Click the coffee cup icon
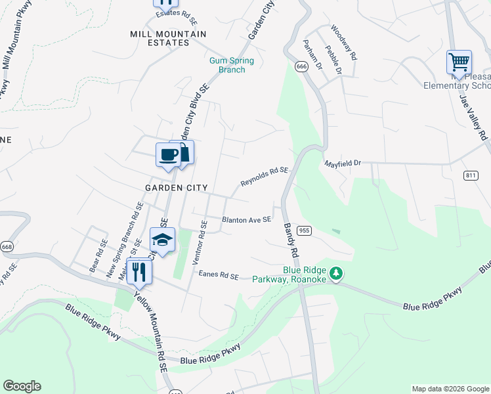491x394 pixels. click(x=169, y=155)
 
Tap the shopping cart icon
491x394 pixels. click(x=459, y=62)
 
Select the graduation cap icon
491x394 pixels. click(x=162, y=240)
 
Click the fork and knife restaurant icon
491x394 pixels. click(x=139, y=271)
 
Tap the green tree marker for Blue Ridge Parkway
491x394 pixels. click(x=336, y=273)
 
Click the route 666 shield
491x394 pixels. click(x=301, y=67)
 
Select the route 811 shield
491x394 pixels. click(x=470, y=175)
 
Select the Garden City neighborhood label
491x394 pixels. click(x=171, y=187)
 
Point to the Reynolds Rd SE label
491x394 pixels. click(x=264, y=176)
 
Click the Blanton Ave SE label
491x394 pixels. click(x=246, y=220)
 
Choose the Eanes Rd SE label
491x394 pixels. click(x=219, y=276)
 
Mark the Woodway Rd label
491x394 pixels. click(x=343, y=43)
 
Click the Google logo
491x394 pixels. click(x=22, y=386)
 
